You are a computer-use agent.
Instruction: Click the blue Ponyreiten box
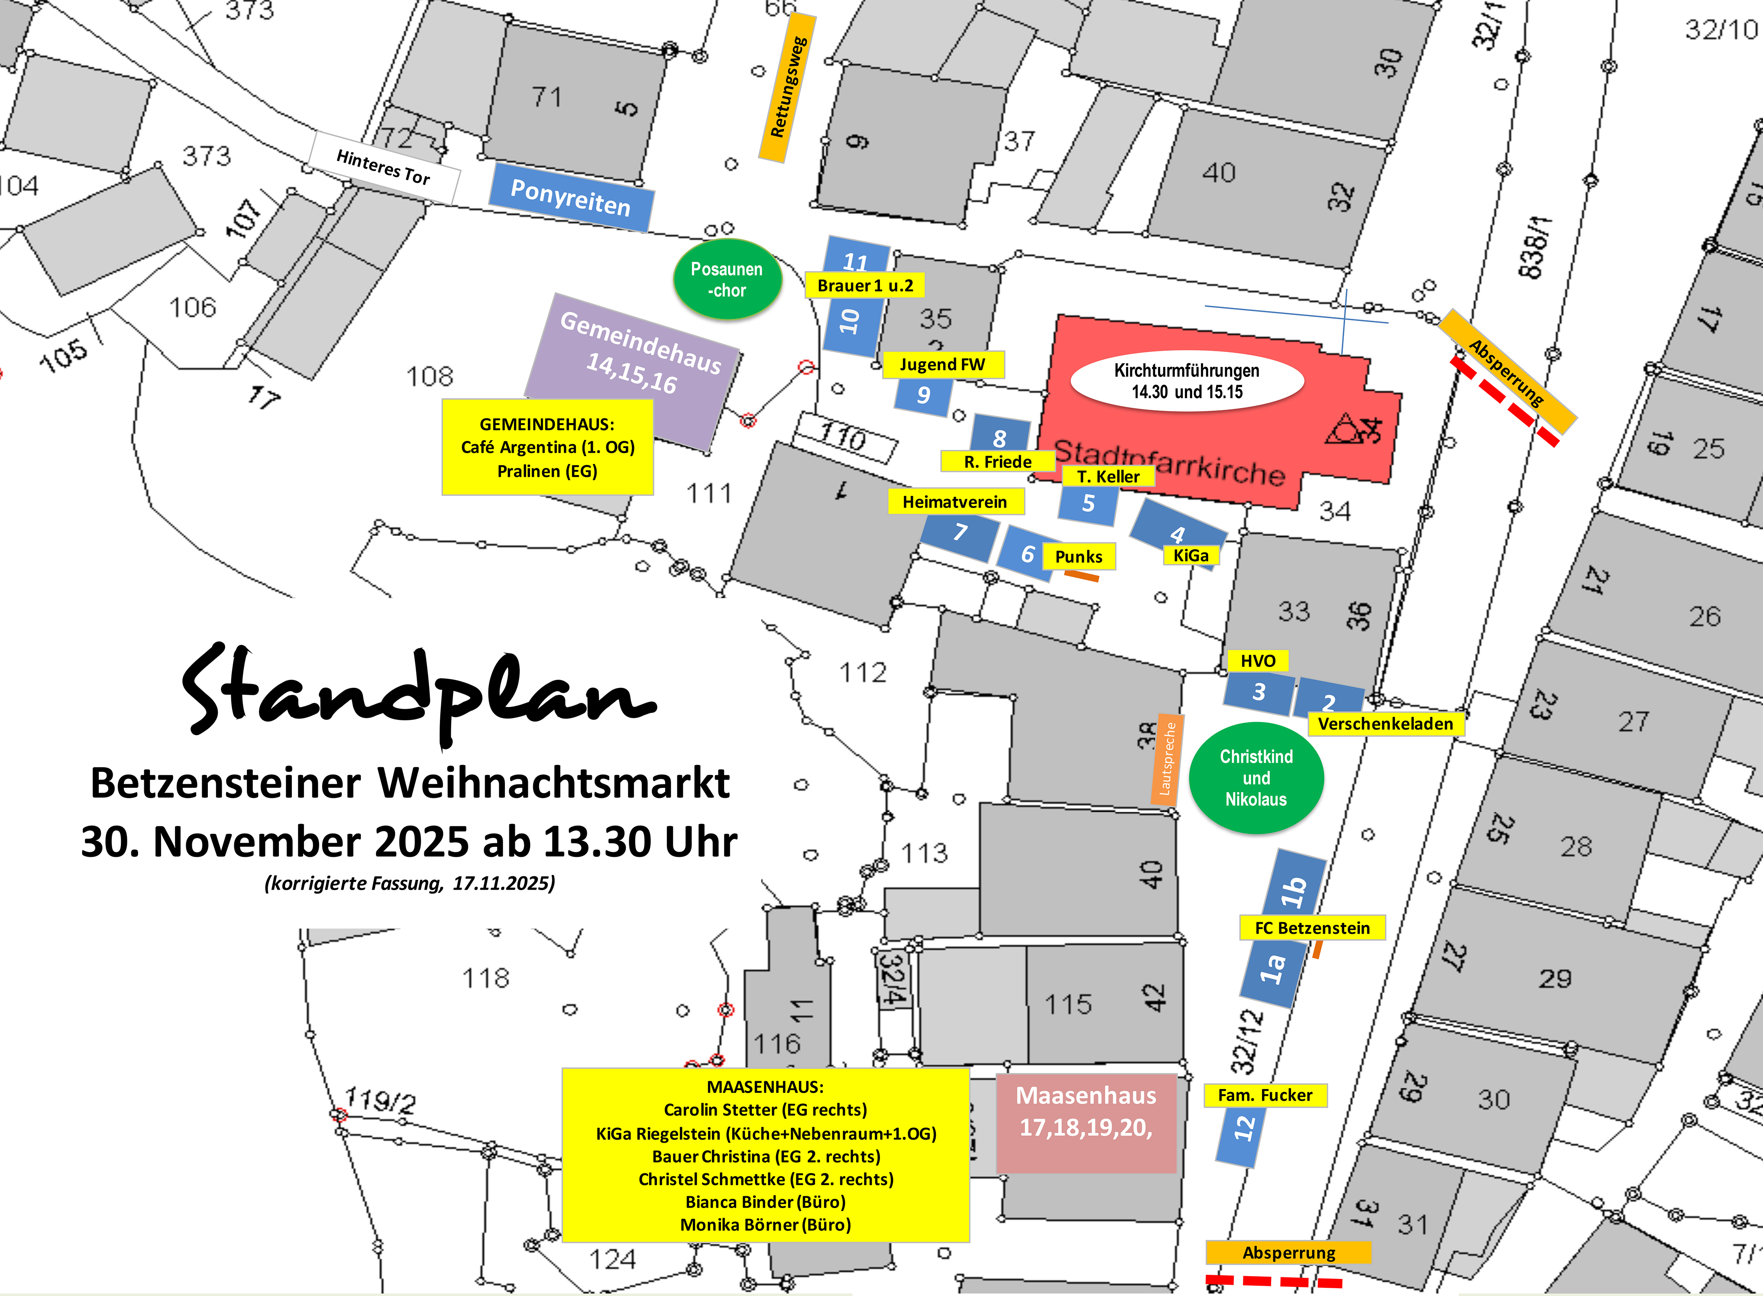click(x=570, y=198)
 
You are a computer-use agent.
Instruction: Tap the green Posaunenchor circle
click(x=727, y=279)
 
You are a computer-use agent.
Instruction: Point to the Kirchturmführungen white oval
click(x=1187, y=381)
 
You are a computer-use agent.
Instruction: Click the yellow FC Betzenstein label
click(x=1312, y=928)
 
